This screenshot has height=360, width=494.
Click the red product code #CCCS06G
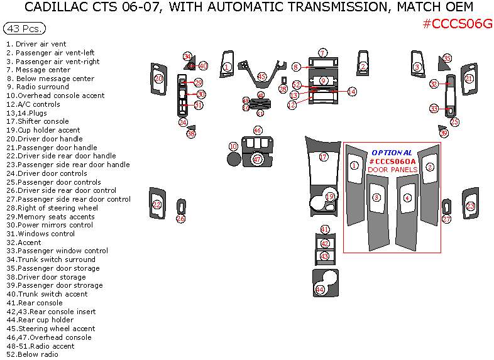[x=458, y=24]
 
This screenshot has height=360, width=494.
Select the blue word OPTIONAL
[x=392, y=153]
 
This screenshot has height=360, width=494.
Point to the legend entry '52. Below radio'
[x=32, y=354]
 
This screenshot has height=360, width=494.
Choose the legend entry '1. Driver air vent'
[x=36, y=44]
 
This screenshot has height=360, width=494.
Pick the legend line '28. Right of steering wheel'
[x=52, y=208]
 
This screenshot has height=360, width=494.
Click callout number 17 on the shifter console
[x=324, y=156]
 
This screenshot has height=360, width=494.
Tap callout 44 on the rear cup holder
[x=320, y=290]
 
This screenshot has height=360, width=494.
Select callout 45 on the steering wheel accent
[x=262, y=76]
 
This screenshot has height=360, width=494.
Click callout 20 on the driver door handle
[x=158, y=79]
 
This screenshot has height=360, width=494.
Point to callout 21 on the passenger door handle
[x=469, y=79]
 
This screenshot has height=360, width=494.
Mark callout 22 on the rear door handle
[x=157, y=205]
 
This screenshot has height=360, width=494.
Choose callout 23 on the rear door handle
[x=470, y=206]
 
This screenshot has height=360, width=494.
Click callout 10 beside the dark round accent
[x=233, y=146]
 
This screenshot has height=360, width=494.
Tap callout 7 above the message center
[x=322, y=53]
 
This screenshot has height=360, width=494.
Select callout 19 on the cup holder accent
[x=330, y=197]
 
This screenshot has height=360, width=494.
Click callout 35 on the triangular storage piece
[x=447, y=58]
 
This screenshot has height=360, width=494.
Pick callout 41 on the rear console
[x=325, y=229]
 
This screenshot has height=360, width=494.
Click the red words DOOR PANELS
[x=392, y=170]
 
